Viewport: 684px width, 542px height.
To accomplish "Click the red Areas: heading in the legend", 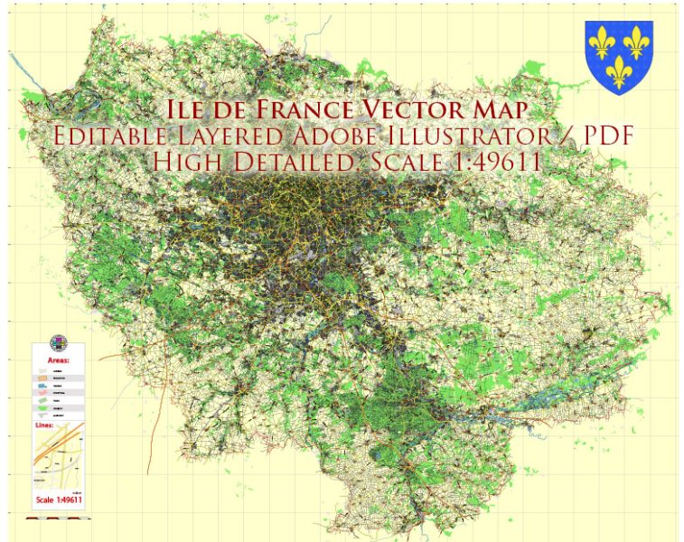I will point(58,360).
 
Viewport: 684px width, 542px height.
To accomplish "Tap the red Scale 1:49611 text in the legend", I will point(60,500).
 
